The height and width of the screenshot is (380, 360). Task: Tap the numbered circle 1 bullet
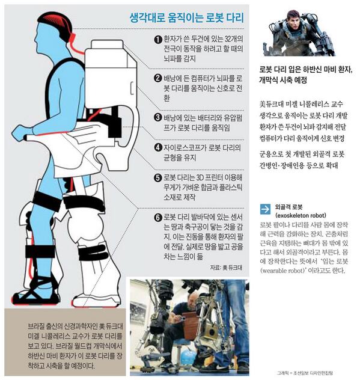[x=158, y=40]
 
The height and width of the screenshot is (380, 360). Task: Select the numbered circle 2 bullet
[x=158, y=79]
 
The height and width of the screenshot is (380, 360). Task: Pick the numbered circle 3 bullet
[x=158, y=117]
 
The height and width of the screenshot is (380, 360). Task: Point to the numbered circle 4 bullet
[x=158, y=146]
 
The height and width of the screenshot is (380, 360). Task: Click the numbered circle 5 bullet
[x=158, y=177]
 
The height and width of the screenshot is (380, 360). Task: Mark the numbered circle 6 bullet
[x=158, y=217]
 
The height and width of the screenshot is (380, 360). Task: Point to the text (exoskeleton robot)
[x=300, y=215]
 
